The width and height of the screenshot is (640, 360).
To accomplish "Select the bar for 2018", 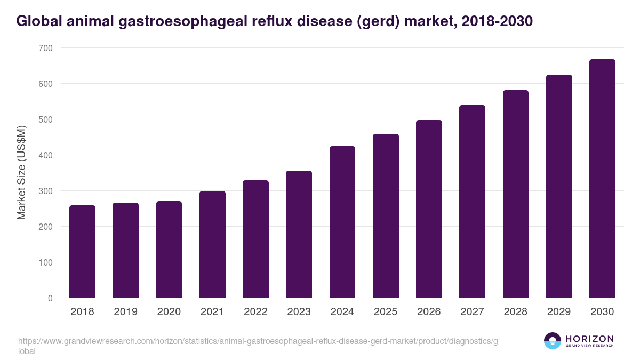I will (82, 252).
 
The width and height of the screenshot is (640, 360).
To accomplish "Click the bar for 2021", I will (212, 244).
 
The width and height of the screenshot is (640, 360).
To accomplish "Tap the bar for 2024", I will (342, 222).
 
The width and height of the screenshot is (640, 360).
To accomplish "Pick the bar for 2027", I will (472, 202).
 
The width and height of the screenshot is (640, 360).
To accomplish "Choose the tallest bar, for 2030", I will (602, 179).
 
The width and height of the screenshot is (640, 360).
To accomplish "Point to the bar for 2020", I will (169, 250).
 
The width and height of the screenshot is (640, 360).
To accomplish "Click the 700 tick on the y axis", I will (45, 48).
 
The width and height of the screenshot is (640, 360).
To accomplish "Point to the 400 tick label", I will (45, 155).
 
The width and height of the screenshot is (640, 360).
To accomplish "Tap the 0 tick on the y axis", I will (50, 298).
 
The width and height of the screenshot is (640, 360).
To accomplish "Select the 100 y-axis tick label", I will (45, 262).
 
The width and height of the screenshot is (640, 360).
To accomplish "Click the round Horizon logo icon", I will (553, 341).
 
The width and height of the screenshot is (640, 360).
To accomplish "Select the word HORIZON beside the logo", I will (589, 338).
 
